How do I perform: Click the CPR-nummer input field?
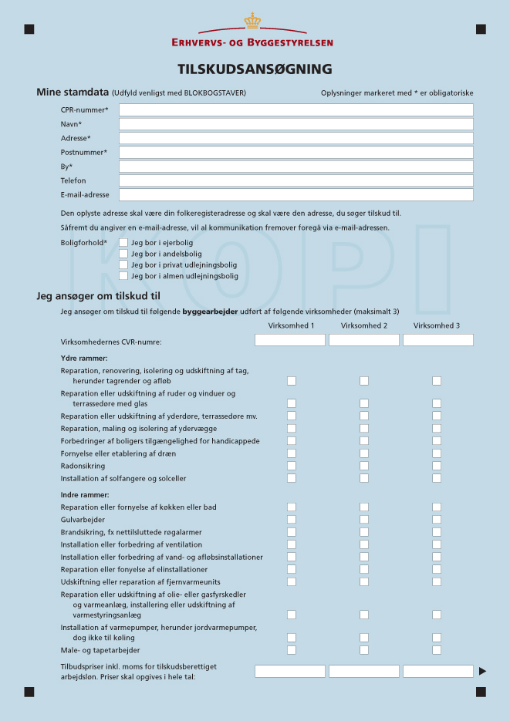click(296, 110)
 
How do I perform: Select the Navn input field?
click(296, 124)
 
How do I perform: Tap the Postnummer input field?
click(296, 153)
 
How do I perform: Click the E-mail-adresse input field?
click(296, 195)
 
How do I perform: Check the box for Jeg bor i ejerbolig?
click(123, 242)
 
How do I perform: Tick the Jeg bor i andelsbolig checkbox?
click(123, 253)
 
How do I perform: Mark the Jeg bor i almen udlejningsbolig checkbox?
click(123, 275)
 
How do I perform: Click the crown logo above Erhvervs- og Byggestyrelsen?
click(252, 21)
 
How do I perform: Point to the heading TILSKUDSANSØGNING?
click(255, 69)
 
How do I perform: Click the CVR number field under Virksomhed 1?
click(290, 340)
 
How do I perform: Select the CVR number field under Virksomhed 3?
click(437, 340)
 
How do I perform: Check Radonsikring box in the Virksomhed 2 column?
click(364, 466)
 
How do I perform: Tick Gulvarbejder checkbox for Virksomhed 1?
click(292, 520)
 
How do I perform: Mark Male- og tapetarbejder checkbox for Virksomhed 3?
click(437, 650)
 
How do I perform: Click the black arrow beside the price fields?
click(482, 671)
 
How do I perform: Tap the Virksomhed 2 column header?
click(364, 325)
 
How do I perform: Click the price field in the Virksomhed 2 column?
click(364, 671)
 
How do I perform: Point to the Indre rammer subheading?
click(85, 494)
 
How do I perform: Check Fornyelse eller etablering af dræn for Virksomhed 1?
click(292, 453)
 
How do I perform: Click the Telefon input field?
click(296, 180)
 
